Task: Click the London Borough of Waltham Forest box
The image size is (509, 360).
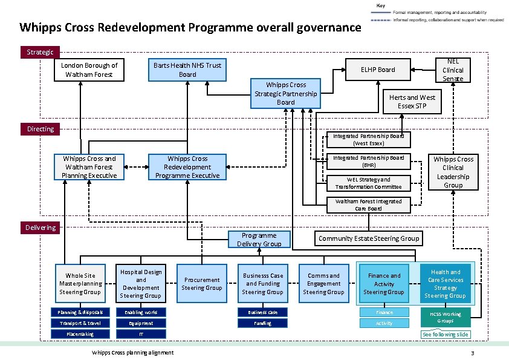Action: tap(89, 70)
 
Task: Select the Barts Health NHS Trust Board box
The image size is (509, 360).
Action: tap(187, 70)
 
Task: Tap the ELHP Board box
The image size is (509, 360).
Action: tap(378, 70)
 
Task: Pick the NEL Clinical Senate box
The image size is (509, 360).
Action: tap(453, 70)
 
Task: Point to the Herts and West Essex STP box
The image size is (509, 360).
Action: tap(412, 102)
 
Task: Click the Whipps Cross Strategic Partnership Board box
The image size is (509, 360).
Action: tap(286, 94)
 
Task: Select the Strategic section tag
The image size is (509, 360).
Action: tap(40, 52)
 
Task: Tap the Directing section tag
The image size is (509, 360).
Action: tap(40, 129)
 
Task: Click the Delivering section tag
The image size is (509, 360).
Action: tap(40, 227)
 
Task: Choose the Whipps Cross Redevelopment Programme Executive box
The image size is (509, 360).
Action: tap(187, 167)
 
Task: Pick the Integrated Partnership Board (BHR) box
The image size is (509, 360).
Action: tap(368, 161)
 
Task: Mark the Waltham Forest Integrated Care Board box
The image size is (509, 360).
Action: tap(368, 205)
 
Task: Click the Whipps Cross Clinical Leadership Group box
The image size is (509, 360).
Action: tap(453, 172)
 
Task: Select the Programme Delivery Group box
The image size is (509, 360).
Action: tap(259, 240)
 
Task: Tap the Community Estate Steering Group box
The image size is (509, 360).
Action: tap(369, 238)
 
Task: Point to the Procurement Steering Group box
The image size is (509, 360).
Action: tap(202, 284)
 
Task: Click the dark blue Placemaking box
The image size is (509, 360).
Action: tap(80, 334)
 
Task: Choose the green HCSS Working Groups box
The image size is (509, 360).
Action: tap(446, 317)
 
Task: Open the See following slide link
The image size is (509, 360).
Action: tap(446, 335)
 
